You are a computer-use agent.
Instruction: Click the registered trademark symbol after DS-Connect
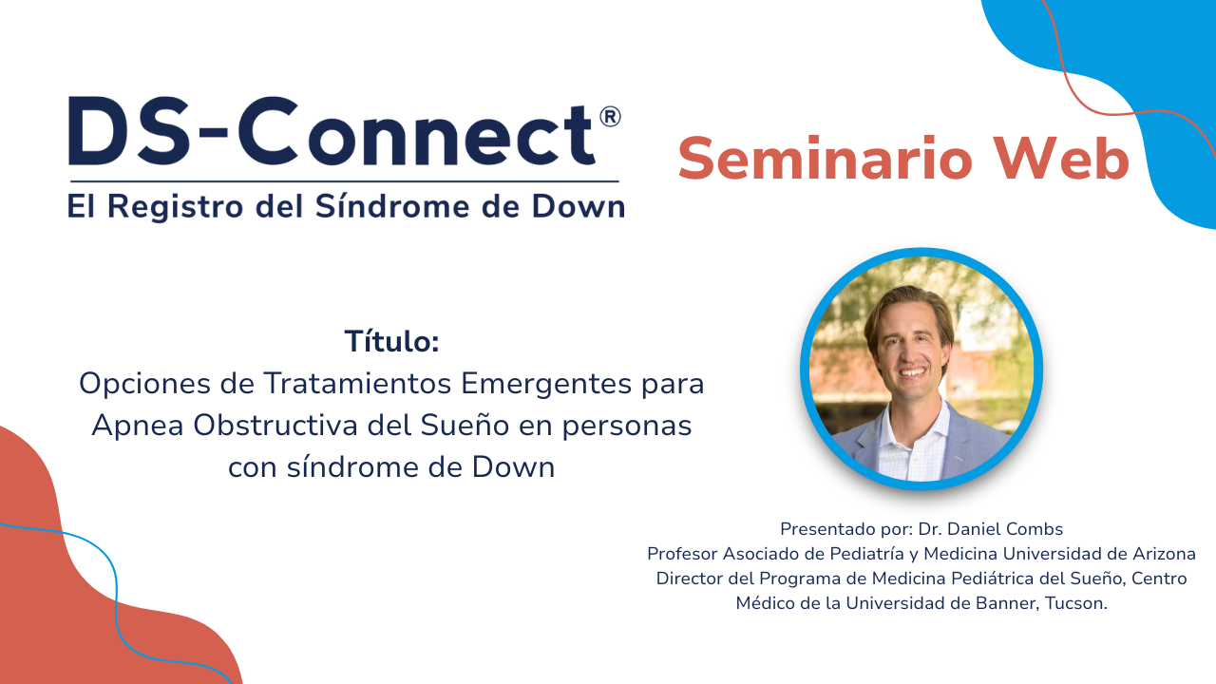tap(610, 117)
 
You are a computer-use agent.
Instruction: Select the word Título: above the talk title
tap(391, 341)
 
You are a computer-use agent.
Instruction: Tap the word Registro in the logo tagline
tap(171, 206)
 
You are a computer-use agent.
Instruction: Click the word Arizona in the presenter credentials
tap(1157, 553)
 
